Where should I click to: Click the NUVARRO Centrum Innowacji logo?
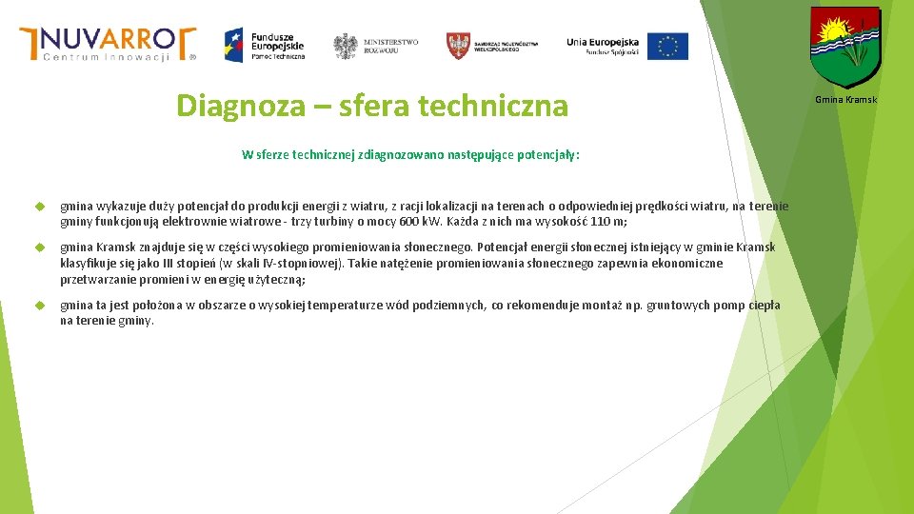(x=108, y=44)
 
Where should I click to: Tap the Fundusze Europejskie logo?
(x=265, y=44)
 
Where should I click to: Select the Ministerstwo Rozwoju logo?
(x=376, y=45)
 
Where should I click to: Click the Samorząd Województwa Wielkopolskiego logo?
(x=492, y=45)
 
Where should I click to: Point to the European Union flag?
(x=667, y=46)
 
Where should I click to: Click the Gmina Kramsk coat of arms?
(x=845, y=46)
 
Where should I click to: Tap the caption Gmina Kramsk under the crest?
(x=845, y=100)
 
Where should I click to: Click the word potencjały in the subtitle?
(x=547, y=154)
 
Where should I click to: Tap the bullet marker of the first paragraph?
(x=40, y=207)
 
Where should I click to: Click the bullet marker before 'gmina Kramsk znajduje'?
(x=40, y=247)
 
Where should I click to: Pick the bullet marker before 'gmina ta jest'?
(x=40, y=306)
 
